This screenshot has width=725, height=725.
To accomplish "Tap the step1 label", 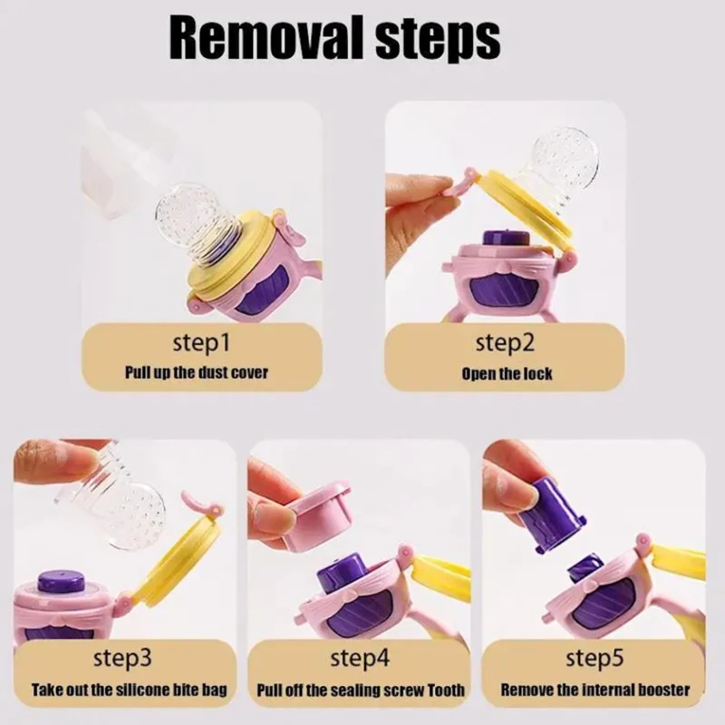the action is tap(201, 343).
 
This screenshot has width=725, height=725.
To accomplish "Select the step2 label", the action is tap(505, 343).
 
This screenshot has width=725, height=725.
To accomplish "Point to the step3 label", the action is tap(122, 658).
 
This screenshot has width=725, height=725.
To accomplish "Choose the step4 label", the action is tap(360, 658).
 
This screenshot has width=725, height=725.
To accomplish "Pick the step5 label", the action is tap(594, 658).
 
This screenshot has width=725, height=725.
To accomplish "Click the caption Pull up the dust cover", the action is tap(197, 372).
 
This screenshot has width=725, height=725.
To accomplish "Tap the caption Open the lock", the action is tap(507, 373).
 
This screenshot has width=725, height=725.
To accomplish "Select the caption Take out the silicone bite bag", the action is tap(130, 690).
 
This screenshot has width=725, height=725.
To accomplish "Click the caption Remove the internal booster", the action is tap(595, 690).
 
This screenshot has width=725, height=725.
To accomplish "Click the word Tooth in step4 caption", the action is tap(445, 690).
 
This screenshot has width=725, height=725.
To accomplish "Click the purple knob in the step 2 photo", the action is tap(507, 239).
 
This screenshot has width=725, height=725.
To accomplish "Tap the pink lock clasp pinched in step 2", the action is tap(457, 183).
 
